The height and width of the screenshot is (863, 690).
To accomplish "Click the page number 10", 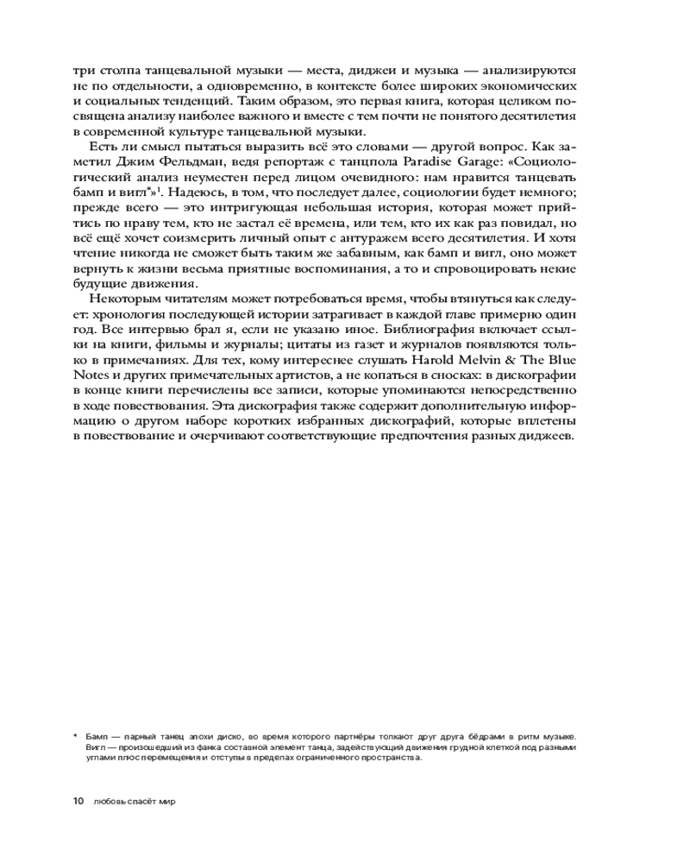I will [78, 801].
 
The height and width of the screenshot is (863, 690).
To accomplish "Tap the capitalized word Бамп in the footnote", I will [97, 734].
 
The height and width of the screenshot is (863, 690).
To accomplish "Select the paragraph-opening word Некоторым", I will [129, 301].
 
